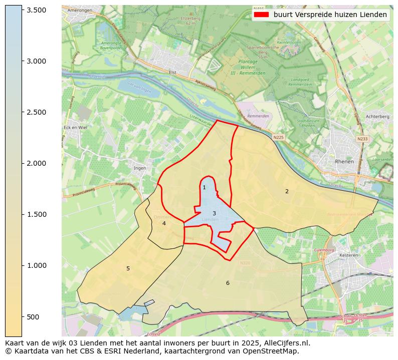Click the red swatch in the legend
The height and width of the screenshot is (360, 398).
(261, 15)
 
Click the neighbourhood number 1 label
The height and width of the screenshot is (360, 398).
(204, 188)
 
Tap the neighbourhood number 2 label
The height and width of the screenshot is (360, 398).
(287, 191)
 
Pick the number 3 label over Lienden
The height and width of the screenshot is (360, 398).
(214, 213)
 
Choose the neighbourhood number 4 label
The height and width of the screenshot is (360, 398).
(164, 223)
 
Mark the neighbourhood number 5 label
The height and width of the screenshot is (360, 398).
(128, 269)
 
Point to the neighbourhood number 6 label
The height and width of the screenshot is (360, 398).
(228, 283)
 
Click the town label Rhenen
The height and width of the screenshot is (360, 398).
(344, 162)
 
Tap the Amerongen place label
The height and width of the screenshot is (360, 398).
(80, 10)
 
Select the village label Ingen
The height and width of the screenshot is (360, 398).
(140, 168)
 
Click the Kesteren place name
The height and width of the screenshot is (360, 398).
(348, 255)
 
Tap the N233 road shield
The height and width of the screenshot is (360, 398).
(362, 139)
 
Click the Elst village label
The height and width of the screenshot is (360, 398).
(172, 72)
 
